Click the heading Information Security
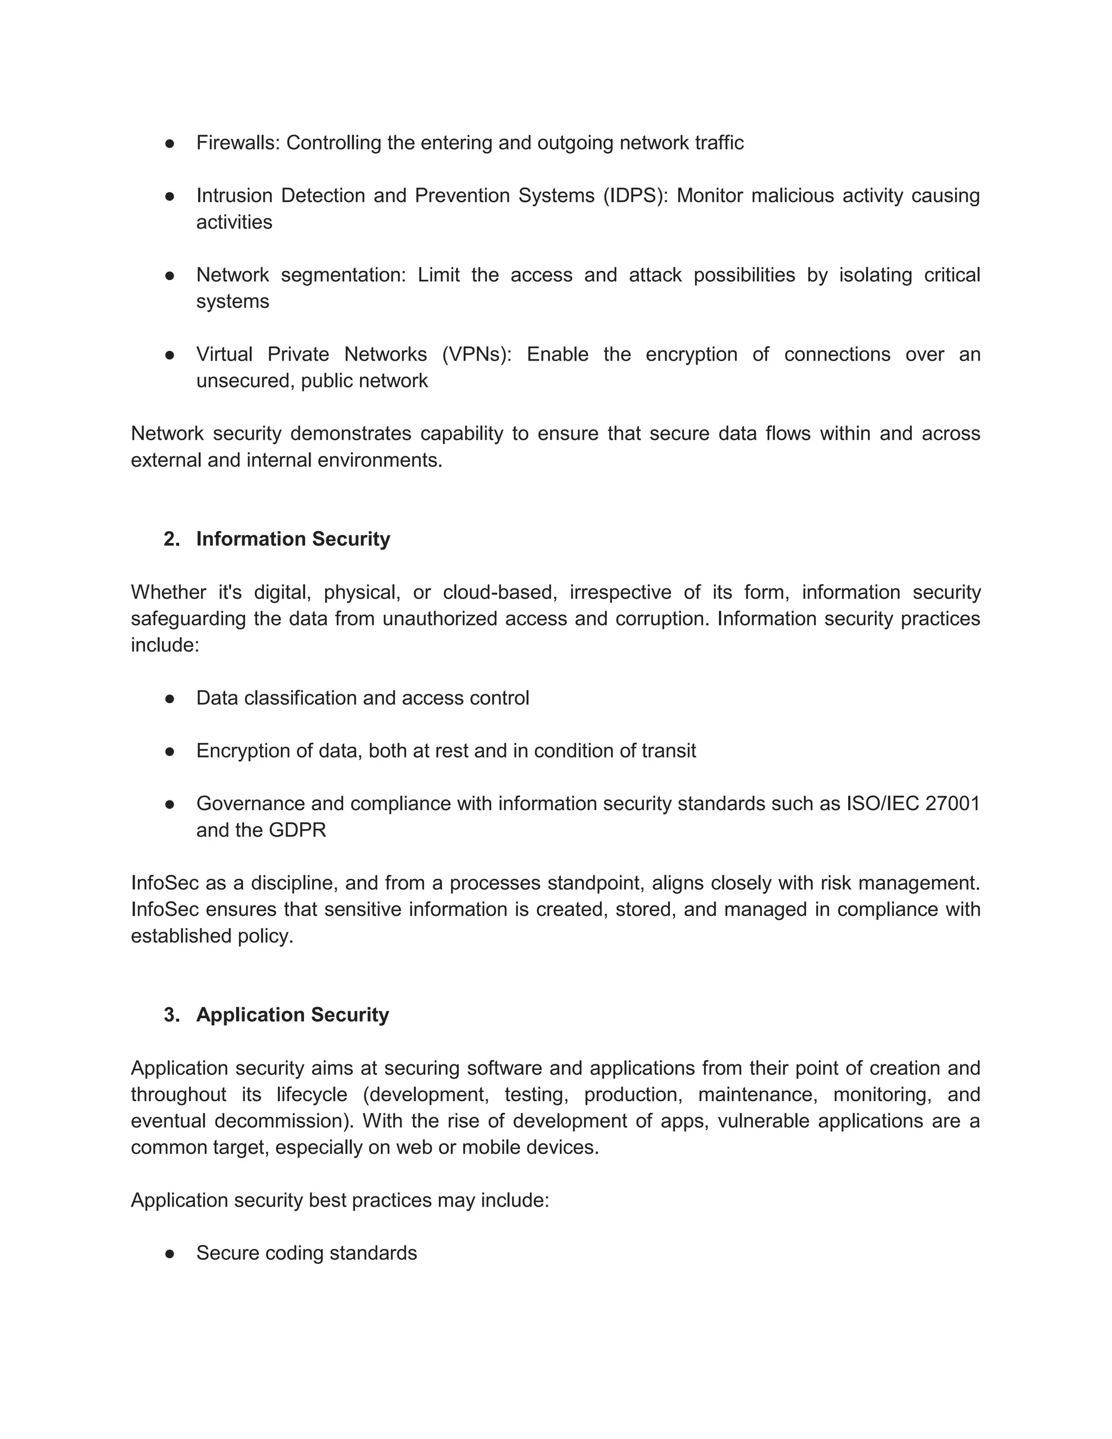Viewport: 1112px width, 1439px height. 293,539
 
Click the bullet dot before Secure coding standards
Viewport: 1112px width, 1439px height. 169,1253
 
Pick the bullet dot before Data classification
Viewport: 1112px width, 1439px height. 169,698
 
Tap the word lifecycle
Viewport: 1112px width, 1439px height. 312,1094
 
